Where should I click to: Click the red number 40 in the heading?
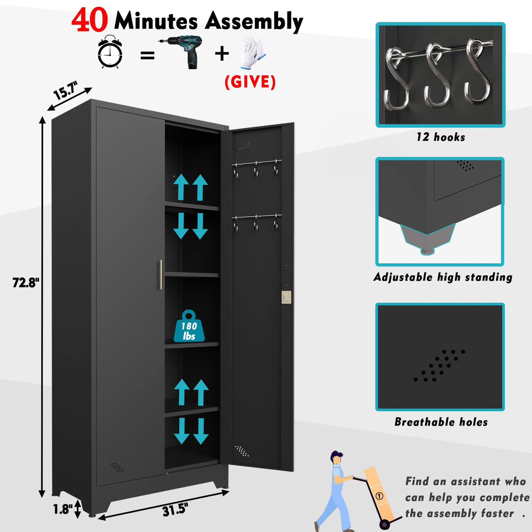(90, 21)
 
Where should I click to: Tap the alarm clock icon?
(110, 53)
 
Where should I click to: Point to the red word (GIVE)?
(250, 82)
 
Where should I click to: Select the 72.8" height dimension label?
(26, 283)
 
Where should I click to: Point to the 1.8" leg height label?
(63, 509)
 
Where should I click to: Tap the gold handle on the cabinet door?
(160, 274)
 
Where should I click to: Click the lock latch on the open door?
(286, 297)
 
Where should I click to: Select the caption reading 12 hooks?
(440, 137)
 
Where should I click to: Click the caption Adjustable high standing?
(443, 277)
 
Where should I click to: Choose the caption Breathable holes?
(441, 422)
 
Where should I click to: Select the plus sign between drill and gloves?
(222, 53)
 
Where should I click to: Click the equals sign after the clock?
(147, 55)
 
